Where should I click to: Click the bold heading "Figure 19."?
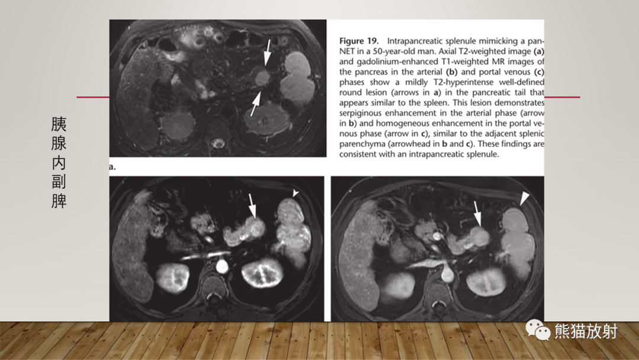point(359,41)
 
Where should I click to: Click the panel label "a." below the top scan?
point(112,167)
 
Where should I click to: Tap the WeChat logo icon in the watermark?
point(537,330)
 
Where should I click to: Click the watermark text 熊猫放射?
point(586,331)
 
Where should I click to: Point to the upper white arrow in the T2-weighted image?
point(267,53)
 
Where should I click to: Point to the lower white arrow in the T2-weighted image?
point(256,104)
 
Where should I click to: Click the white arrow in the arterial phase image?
point(252,206)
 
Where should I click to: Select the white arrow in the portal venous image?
point(477,213)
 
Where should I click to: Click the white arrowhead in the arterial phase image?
point(295,192)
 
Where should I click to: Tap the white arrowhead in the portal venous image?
point(524,198)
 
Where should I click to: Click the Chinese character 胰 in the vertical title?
point(59,124)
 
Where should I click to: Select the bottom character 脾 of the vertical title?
point(59,201)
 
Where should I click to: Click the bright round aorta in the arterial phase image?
point(222,266)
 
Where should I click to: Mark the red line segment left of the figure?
point(93,97)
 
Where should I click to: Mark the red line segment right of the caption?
point(562,97)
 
